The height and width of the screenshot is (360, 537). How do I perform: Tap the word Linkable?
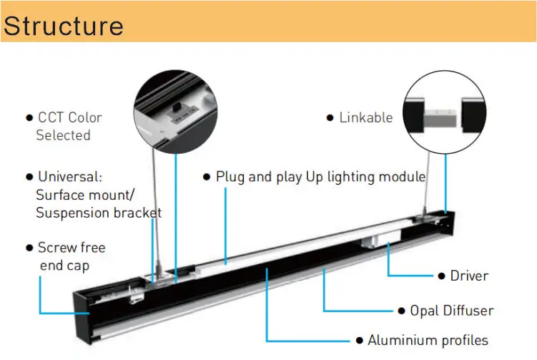tap(365, 118)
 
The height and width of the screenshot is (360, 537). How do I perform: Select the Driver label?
tap(468, 276)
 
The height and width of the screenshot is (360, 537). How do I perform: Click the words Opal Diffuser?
tap(451, 311)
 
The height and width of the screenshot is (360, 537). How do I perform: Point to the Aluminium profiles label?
tap(428, 340)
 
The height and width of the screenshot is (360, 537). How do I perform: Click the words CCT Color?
tap(69, 117)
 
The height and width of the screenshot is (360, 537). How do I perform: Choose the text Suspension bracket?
tap(99, 213)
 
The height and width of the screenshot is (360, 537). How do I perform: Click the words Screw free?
tap(72, 248)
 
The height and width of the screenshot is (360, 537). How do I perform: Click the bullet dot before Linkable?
tap(330, 118)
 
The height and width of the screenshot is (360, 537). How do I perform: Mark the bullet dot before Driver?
tap(441, 276)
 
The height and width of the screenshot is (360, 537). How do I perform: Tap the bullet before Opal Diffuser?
tap(402, 311)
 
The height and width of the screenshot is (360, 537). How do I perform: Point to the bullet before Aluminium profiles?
tap(360, 341)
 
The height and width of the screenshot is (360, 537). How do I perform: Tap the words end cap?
tap(64, 266)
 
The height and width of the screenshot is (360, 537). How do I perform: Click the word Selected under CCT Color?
tap(63, 135)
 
